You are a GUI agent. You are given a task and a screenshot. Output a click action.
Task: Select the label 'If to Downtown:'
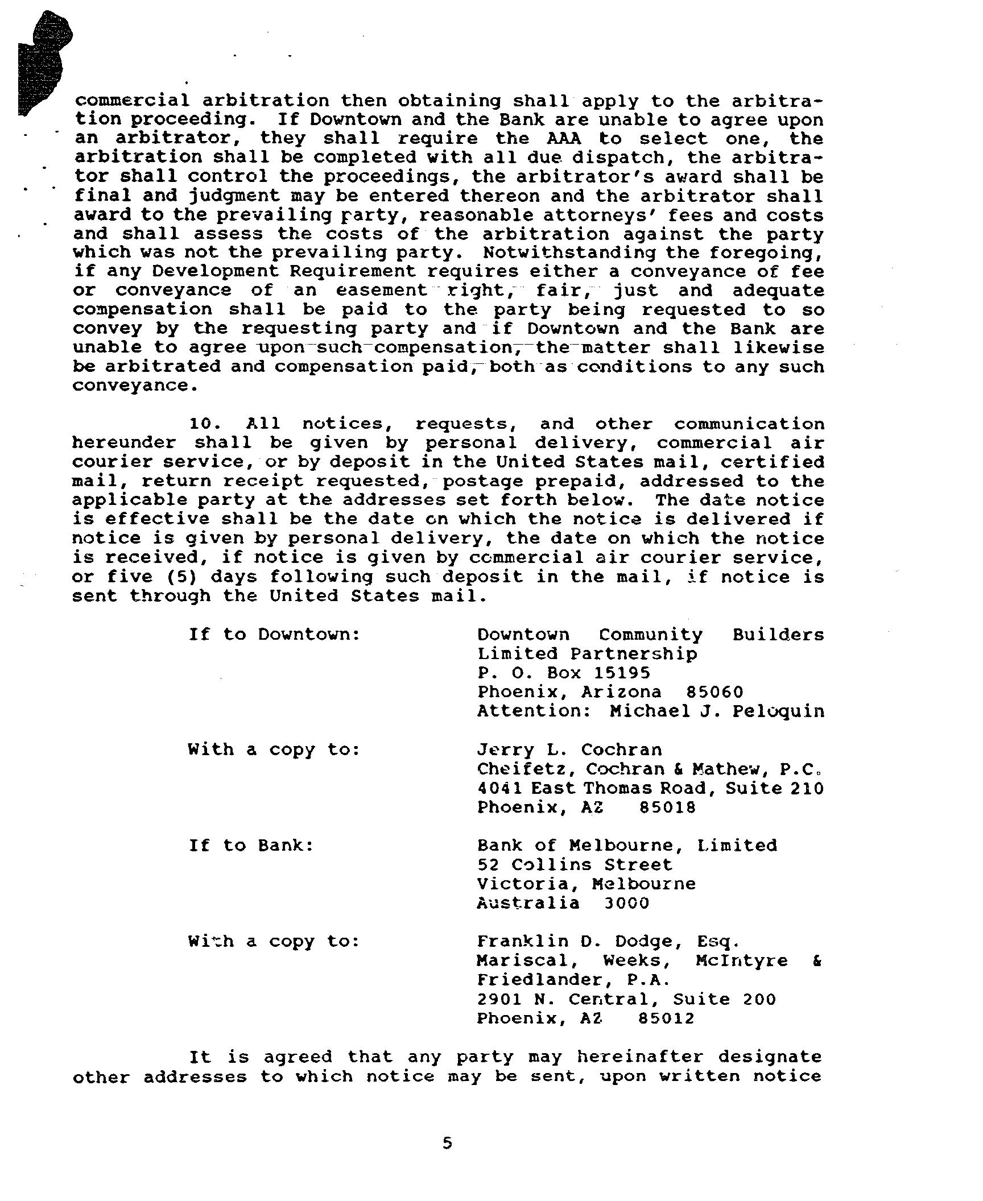(275, 634)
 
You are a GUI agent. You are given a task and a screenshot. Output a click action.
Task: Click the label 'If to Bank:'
(251, 845)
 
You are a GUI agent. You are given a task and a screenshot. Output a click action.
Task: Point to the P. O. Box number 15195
(622, 673)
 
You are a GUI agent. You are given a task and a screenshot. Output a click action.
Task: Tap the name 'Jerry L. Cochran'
(569, 750)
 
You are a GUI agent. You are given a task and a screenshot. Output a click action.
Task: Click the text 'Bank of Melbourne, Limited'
(627, 845)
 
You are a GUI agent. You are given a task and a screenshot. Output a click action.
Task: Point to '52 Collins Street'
(575, 864)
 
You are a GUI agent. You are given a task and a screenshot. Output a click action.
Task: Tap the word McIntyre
(741, 961)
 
